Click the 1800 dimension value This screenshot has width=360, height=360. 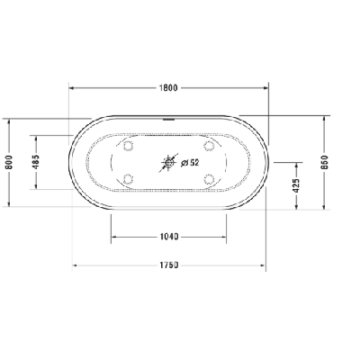pos(168,88)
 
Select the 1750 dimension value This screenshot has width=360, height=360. pos(168,265)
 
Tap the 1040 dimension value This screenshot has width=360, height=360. pos(168,237)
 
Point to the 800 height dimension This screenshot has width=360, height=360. pos(9,162)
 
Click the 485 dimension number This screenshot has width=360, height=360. pos(36,162)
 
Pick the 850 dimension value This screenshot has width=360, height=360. pos(325,162)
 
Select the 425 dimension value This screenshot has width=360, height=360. pos(296,186)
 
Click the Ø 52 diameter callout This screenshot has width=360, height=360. pos(190,163)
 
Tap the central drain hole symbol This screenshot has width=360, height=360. pos(169,163)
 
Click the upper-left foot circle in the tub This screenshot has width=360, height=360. pos(129,146)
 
